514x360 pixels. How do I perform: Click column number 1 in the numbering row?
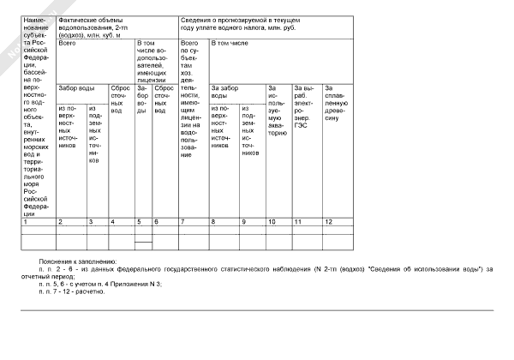[x=26, y=222]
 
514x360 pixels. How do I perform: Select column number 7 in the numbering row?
[x=183, y=222]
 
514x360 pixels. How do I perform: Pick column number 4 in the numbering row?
[x=111, y=222]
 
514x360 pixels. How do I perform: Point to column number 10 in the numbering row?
[x=271, y=222]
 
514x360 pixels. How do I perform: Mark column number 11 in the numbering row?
[x=297, y=222]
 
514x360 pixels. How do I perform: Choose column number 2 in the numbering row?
[x=59, y=222]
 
